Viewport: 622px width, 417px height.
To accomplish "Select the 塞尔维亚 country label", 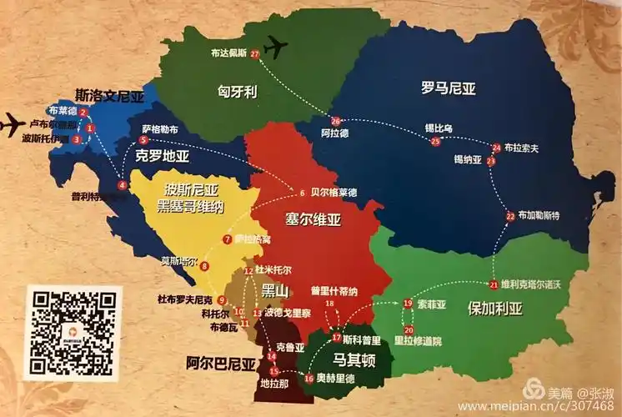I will (314, 220).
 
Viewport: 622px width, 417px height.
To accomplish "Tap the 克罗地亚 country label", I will (163, 156).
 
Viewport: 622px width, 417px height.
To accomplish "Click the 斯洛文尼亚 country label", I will (109, 96).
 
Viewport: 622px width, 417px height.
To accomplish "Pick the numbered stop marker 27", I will (254, 54).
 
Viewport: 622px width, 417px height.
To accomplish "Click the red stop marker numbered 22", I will (510, 217).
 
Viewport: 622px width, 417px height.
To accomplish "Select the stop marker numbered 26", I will (336, 120).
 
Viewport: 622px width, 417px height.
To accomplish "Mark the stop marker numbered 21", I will (494, 285).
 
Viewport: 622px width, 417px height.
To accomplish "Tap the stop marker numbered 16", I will (308, 378).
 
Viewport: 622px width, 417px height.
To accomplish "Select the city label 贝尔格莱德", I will (334, 193).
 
